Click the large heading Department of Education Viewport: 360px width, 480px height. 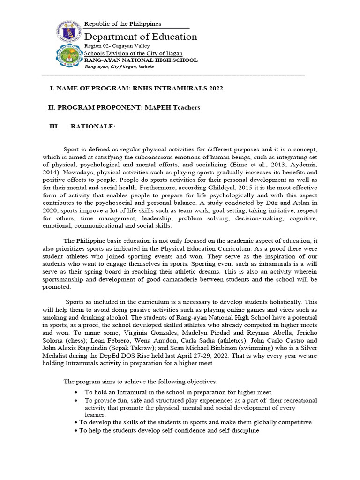click(x=141, y=37)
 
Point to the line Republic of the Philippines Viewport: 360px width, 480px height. click(x=122, y=24)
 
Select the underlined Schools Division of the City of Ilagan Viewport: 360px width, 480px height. click(x=133, y=53)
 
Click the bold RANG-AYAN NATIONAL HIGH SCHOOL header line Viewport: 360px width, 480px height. click(x=141, y=60)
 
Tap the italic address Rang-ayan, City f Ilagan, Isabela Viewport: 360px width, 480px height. click(x=119, y=67)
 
